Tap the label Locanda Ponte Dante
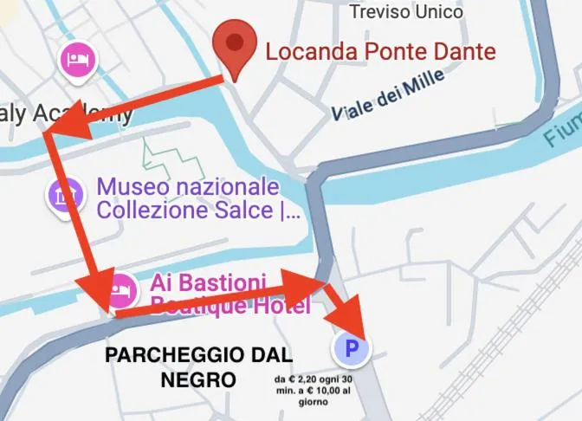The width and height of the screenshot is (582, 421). (x=380, y=51)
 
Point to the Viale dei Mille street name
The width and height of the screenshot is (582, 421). (x=389, y=94)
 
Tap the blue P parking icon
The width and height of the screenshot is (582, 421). (x=351, y=349)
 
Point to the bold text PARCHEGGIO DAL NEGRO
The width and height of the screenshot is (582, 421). (x=198, y=366)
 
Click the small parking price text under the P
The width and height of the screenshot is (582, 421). (x=313, y=391)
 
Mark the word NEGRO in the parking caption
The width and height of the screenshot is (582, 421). (x=198, y=379)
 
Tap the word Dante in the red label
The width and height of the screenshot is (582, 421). (x=466, y=51)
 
